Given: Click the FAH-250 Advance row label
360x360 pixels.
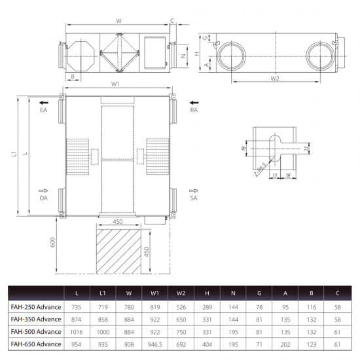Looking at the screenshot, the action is (36, 307).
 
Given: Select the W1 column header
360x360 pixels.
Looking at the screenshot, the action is (154, 293).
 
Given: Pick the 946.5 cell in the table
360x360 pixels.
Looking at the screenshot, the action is (155, 344).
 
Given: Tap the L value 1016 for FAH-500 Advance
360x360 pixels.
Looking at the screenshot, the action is (76, 332).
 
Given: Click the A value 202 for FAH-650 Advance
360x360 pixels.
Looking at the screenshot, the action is (285, 344).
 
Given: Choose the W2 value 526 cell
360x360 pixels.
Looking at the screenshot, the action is (181, 307).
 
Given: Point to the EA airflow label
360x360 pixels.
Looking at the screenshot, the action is (43, 110).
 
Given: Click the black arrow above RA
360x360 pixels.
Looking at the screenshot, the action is (194, 103).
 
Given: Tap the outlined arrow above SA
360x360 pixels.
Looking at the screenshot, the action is (194, 190).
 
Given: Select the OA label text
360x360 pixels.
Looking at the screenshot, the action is (43, 198).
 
